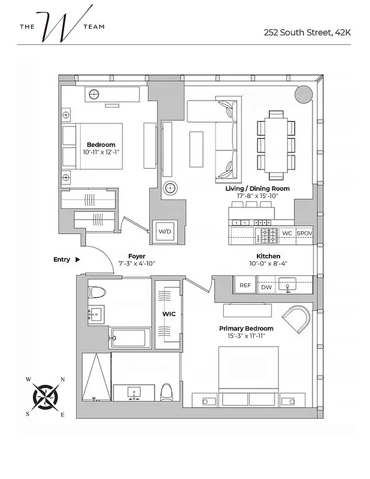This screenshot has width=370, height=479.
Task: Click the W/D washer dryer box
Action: (164, 232)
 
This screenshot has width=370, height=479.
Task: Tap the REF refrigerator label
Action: (245, 286)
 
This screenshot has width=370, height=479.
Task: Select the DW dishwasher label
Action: (266, 288)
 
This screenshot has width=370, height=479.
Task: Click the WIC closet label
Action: (168, 313)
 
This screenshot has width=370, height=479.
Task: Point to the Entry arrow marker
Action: (77, 259)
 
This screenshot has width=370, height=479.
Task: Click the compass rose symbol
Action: (46, 396)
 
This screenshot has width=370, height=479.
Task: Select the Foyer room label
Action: (137, 256)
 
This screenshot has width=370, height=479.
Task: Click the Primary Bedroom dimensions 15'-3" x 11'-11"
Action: (246, 336)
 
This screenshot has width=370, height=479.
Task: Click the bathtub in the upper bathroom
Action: (131, 338)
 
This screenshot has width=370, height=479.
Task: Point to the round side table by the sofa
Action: (170, 188)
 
